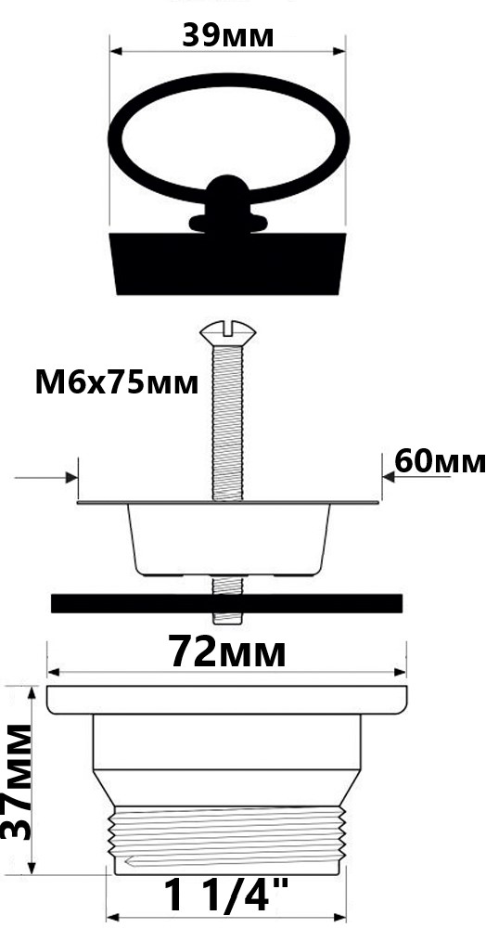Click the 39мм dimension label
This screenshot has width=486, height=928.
pyautogui.click(x=227, y=35)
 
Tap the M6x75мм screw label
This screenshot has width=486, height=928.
pyautogui.click(x=117, y=383)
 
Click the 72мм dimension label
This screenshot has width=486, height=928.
pyautogui.click(x=227, y=651)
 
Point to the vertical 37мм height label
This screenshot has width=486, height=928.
pyautogui.click(x=17, y=781)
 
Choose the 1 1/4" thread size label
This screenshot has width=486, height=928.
pyautogui.click(x=226, y=895)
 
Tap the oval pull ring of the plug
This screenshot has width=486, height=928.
pyautogui.click(x=228, y=83)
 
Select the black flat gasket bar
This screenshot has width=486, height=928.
pyautogui.click(x=227, y=603)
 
